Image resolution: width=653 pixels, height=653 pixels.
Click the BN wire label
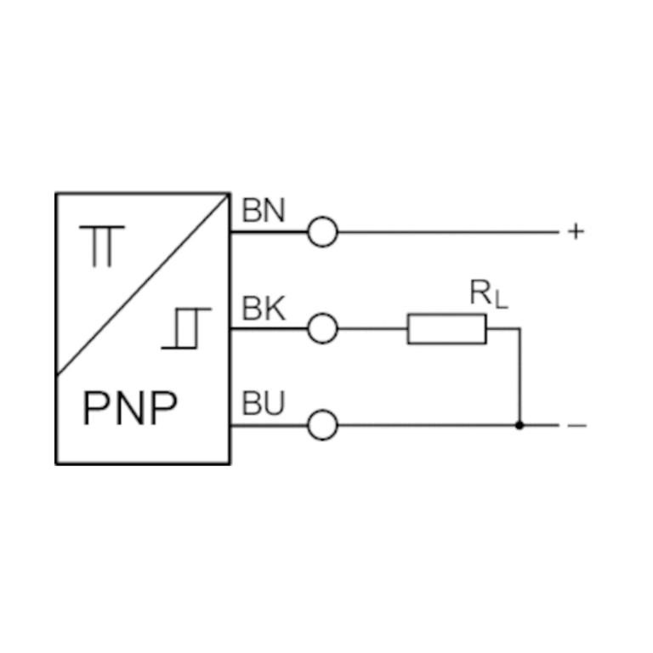click(263, 210)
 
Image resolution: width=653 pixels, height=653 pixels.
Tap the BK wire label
click(263, 309)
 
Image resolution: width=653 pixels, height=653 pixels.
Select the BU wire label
click(263, 405)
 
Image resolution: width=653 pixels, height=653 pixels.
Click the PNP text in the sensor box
click(130, 410)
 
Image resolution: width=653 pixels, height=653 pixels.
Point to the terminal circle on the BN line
click(322, 231)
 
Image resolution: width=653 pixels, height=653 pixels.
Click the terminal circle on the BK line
click(322, 328)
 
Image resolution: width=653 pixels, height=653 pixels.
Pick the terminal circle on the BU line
click(322, 425)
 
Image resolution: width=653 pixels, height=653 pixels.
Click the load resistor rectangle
click(447, 329)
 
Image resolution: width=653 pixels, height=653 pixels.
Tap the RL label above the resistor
click(488, 294)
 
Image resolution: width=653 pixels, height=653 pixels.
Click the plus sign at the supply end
click(576, 231)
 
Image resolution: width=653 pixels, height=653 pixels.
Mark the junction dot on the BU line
click(520, 425)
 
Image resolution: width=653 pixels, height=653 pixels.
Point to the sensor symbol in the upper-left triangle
click(107, 246)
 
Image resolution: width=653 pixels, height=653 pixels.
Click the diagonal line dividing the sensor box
click(143, 284)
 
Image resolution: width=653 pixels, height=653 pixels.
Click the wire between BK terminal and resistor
click(372, 328)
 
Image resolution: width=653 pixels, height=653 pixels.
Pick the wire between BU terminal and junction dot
click(425, 425)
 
